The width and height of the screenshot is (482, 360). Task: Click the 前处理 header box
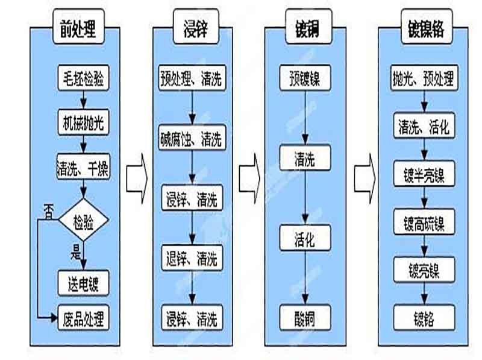click(x=78, y=29)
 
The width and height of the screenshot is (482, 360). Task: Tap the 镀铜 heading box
click(x=305, y=29)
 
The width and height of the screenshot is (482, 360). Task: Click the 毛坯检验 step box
click(x=84, y=78)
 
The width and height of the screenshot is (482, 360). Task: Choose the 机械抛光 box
click(x=84, y=122)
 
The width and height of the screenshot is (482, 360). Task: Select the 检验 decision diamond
click(x=84, y=220)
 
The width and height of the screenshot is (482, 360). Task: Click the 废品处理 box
click(x=84, y=317)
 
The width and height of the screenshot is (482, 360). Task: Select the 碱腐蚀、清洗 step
click(x=191, y=139)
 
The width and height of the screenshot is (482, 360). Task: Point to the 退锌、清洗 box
click(x=191, y=259)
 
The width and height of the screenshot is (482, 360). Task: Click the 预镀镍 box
click(x=305, y=79)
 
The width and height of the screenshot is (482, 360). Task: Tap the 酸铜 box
click(x=305, y=317)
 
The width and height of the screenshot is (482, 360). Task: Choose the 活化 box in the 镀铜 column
click(x=305, y=238)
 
